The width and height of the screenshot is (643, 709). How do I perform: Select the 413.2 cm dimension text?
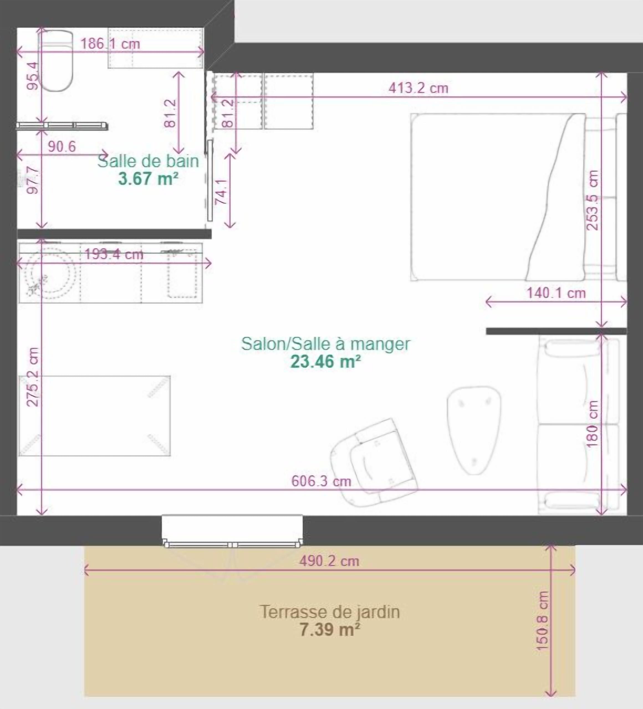click(419, 88)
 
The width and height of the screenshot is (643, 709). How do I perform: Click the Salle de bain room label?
click(148, 161)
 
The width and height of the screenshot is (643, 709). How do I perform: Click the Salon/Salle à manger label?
click(326, 344)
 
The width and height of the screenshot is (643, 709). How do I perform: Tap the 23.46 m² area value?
click(326, 361)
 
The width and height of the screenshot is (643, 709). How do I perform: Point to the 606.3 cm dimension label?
click(321, 481)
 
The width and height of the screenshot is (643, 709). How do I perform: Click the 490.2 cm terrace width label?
click(330, 561)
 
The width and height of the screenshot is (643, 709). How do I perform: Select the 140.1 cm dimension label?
click(556, 293)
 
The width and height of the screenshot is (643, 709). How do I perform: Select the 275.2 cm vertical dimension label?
click(34, 377)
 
